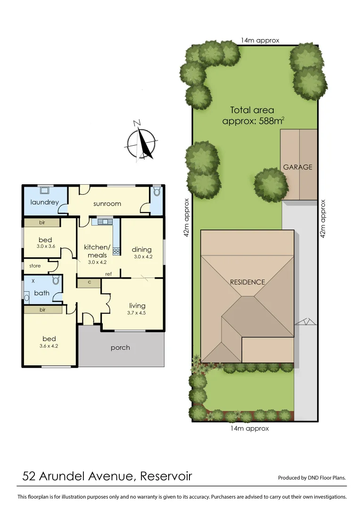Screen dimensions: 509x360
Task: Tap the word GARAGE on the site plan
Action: [297, 167]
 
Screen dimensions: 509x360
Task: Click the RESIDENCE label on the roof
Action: [247, 282]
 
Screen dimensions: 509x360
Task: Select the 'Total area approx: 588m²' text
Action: [253, 115]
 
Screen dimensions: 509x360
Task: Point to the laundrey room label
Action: [44, 202]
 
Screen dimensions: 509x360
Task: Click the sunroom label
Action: [107, 204]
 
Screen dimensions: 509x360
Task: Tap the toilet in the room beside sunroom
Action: [157, 192]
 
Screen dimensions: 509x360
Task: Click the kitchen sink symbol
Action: [105, 222]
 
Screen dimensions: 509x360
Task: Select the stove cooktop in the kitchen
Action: [116, 251]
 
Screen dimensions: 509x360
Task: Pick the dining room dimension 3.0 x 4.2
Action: [142, 257]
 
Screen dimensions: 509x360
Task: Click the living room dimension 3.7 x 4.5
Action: [137, 312]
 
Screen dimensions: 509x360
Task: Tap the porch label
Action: [120, 348]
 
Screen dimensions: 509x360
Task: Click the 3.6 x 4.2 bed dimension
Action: [49, 345]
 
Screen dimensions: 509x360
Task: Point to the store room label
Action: [35, 266]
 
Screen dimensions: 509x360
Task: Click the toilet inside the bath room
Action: [56, 281]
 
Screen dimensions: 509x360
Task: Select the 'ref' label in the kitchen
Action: [108, 274]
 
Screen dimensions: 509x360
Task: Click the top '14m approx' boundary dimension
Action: [260, 41]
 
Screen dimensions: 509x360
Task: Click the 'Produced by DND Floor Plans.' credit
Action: [312, 477]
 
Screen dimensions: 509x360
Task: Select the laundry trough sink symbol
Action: [45, 190]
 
